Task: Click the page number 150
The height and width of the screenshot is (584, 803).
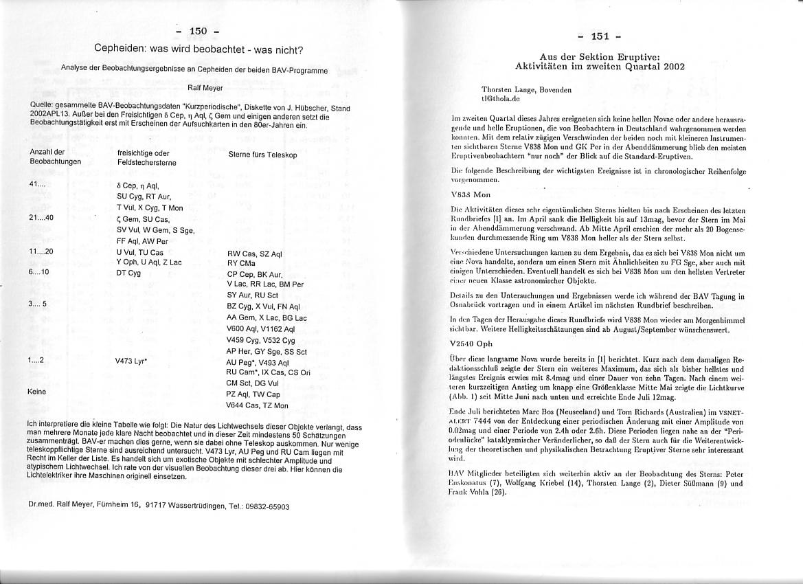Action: tap(198, 31)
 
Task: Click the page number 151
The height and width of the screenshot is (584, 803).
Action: tap(600, 36)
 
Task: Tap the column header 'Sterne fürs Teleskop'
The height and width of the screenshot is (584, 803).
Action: tap(262, 155)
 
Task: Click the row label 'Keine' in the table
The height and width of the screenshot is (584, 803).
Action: tap(38, 392)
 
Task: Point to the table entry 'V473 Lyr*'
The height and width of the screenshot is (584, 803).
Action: tap(133, 359)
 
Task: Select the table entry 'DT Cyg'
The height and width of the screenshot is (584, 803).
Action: tap(128, 273)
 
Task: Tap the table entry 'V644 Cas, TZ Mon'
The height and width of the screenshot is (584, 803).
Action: tap(258, 405)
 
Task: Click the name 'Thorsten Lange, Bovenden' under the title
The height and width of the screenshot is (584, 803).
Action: tap(526, 89)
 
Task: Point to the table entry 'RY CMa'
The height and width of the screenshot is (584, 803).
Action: tap(242, 262)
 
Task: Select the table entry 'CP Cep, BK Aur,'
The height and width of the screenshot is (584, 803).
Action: tap(256, 273)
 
